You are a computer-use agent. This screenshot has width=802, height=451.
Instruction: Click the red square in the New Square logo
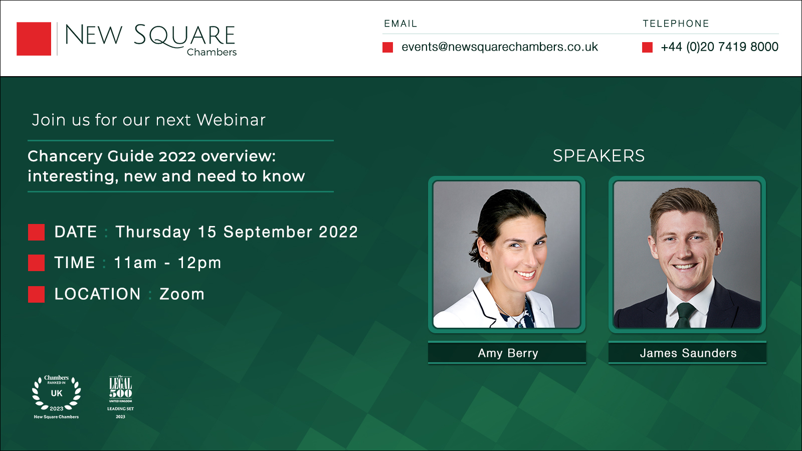pos(34,39)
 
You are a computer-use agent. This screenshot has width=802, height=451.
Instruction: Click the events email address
pos(499,47)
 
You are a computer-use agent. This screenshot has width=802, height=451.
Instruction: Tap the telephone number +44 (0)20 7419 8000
pos(719,47)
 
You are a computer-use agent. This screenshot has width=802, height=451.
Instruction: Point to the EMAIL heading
pos(400,24)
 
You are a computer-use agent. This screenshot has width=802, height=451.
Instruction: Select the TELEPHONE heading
pos(676,24)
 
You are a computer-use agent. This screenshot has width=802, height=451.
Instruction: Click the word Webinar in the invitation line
pos(231,120)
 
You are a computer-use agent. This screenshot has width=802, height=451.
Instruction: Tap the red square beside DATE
pos(36,232)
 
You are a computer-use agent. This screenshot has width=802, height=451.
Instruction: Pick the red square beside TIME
pos(36,263)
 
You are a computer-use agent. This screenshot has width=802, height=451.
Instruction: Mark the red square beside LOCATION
pos(36,294)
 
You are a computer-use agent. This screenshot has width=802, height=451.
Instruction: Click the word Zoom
pos(182,294)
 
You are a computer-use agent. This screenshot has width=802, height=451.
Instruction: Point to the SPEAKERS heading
pos(598,156)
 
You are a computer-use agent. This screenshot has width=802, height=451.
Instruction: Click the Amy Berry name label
pos(507,353)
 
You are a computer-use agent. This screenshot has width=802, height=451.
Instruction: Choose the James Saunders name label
pos(688,353)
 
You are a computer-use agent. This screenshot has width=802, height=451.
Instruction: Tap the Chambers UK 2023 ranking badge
pos(56,396)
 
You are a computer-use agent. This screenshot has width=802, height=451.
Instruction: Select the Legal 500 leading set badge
pos(121,396)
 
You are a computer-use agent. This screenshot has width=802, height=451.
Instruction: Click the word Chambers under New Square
pos(212,52)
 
